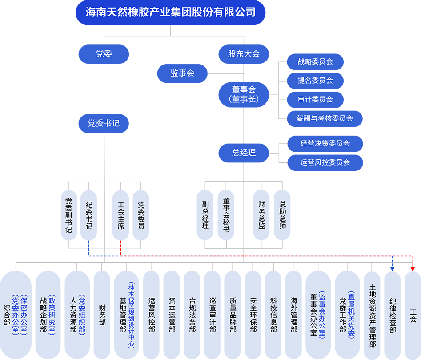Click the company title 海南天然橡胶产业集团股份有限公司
tap(171, 12)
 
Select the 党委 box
tap(104, 54)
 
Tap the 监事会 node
tap(182, 73)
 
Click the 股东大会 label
tap(244, 54)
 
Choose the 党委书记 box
tap(104, 123)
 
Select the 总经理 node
tap(244, 153)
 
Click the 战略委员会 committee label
tap(315, 62)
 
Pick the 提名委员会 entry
tap(315, 81)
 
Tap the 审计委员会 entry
tap(315, 100)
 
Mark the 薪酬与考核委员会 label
tap(325, 118)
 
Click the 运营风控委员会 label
tap(325, 162)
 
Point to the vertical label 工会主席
tap(121, 215)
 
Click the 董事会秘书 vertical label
tap(226, 215)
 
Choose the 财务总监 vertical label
tap(262, 215)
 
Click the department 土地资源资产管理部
tap(373, 316)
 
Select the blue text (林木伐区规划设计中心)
tap(131, 315)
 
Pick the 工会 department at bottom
tap(413, 316)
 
